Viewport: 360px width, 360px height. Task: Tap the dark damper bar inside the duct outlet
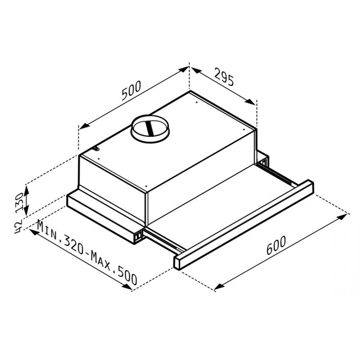click(150, 128)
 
